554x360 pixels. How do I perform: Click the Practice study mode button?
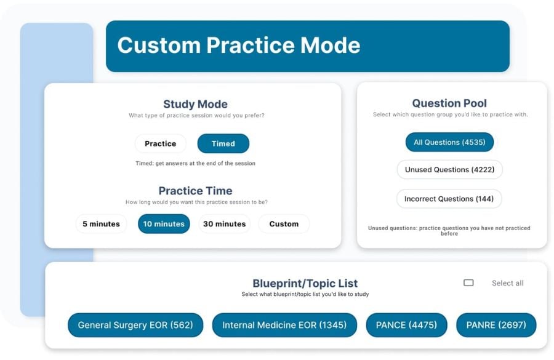(161, 143)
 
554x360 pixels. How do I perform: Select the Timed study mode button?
(223, 143)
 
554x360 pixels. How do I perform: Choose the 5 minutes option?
(101, 223)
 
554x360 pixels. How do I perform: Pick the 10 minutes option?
(164, 223)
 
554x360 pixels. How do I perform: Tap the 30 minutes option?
(224, 223)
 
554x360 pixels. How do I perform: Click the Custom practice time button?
(284, 223)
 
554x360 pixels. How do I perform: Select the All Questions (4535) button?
(449, 142)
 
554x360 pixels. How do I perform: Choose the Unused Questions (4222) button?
(449, 170)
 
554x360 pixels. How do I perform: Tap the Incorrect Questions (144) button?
(449, 199)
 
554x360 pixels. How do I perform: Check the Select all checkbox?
(468, 282)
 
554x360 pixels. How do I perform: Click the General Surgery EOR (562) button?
(135, 325)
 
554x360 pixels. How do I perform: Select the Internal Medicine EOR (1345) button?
(284, 325)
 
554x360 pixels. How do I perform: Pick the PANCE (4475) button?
(407, 325)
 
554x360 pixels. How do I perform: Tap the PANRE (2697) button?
(496, 325)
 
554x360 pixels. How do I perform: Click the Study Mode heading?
(195, 104)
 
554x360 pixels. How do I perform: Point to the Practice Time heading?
(195, 191)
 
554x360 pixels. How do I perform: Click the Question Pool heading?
(449, 103)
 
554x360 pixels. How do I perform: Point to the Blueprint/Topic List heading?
(305, 283)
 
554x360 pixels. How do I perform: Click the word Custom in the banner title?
(159, 45)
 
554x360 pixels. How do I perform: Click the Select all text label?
(508, 283)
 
